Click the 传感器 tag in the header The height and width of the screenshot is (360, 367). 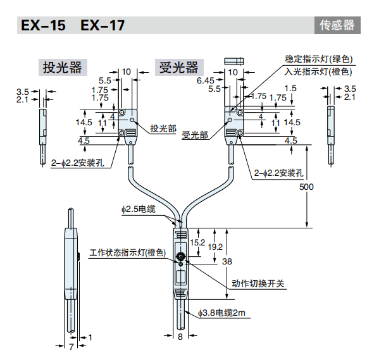[337, 26]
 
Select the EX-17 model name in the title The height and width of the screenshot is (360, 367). [103, 26]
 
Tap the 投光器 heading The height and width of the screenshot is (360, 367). [62, 68]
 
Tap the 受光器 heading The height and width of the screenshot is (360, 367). [178, 68]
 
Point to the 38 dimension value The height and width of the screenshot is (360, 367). [228, 261]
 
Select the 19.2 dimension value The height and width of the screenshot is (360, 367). [215, 247]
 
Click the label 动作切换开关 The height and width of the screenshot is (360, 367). [255, 283]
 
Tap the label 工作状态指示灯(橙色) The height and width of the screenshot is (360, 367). [127, 253]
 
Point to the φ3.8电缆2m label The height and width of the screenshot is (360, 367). [221, 313]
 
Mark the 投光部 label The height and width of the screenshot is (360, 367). [163, 128]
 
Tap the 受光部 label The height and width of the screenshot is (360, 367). [194, 135]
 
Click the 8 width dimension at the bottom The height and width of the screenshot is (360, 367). [180, 337]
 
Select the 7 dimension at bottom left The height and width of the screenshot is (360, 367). [72, 347]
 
